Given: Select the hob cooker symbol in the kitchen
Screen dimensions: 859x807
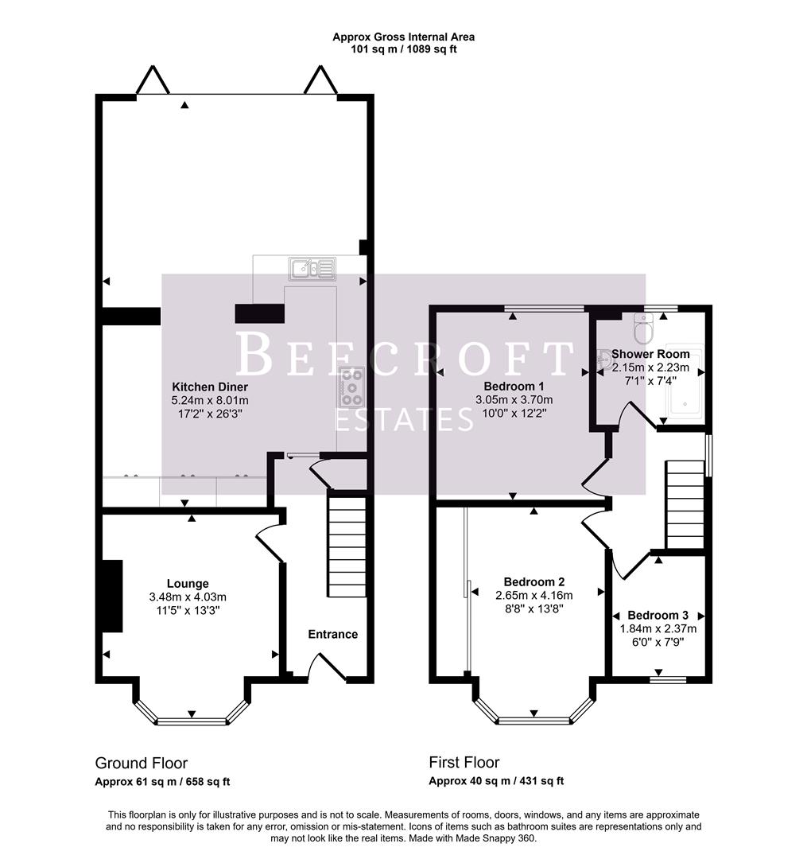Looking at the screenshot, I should (351, 387).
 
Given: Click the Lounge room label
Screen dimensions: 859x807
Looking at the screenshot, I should (188, 583).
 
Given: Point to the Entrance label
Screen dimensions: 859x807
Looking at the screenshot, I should (332, 634).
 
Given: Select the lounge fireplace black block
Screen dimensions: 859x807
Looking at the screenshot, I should (112, 596).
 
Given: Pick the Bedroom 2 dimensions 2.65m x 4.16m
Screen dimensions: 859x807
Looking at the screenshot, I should (533, 595).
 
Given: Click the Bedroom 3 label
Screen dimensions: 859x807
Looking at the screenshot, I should (658, 615).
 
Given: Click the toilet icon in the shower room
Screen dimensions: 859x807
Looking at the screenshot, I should (643, 325).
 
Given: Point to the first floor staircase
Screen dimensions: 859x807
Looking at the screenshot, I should (685, 503).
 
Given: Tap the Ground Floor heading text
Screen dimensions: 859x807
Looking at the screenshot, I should (142, 763).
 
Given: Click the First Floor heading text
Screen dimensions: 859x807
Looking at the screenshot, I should (464, 763).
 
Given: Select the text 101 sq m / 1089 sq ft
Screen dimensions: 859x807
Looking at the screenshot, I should (404, 49).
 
